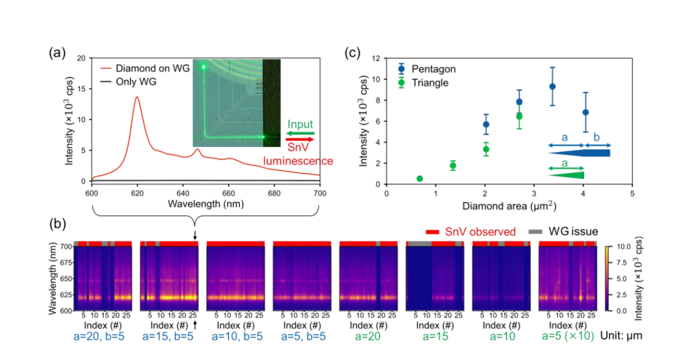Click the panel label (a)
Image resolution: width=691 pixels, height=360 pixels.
click(x=58, y=53)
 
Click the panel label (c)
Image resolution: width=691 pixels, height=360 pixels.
click(x=352, y=53)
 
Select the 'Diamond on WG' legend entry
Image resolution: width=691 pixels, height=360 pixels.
click(x=145, y=68)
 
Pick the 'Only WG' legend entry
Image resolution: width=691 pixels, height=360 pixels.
click(x=128, y=82)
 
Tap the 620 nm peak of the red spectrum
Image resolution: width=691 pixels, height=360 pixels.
click(x=137, y=97)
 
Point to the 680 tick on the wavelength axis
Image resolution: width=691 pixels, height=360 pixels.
click(x=274, y=194)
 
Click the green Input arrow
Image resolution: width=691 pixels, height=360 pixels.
click(x=300, y=133)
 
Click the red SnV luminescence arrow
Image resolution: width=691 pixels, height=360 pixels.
click(x=300, y=139)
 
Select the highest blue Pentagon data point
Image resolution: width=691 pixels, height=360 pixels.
click(x=552, y=87)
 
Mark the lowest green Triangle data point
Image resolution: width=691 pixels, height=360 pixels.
click(x=420, y=178)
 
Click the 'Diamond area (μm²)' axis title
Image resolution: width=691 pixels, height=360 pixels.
click(x=509, y=206)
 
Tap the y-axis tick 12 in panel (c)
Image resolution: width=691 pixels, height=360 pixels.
click(x=376, y=58)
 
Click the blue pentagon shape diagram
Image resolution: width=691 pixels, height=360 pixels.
click(x=579, y=153)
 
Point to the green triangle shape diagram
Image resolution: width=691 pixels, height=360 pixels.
click(x=566, y=175)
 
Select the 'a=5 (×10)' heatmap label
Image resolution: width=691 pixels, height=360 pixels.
click(x=568, y=336)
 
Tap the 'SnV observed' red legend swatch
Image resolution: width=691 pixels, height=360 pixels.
click(x=433, y=231)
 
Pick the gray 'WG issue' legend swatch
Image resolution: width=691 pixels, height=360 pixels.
click(x=536, y=231)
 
